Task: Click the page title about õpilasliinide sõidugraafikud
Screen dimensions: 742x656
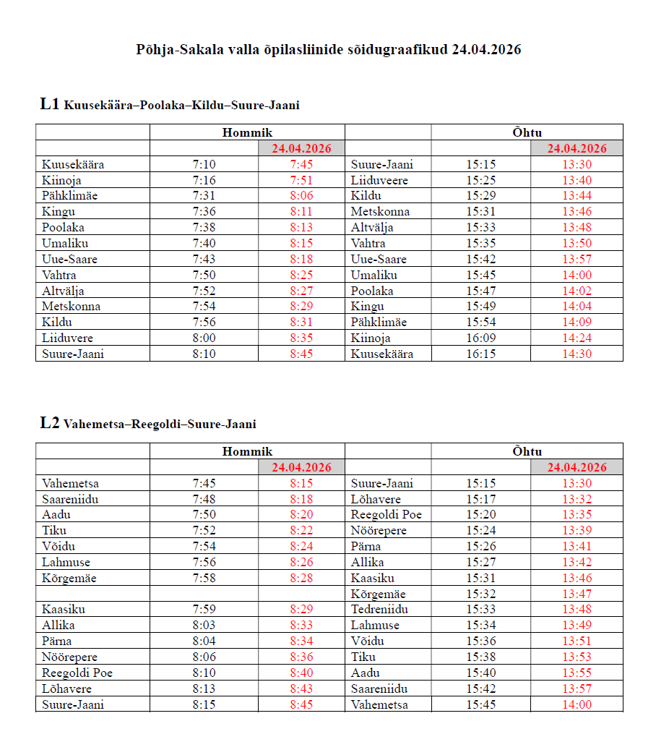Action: [x=328, y=49]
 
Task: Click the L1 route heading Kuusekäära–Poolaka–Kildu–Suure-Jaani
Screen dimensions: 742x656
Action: [x=170, y=105]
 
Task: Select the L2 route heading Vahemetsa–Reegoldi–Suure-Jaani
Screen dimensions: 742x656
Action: [x=148, y=424]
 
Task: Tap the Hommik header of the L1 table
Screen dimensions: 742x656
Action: [x=247, y=132]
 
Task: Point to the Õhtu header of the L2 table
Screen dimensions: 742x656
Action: [x=527, y=451]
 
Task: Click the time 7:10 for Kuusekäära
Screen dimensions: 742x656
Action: [x=204, y=164]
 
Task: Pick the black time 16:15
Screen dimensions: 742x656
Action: [x=480, y=354]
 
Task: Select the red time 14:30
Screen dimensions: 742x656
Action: [x=577, y=354]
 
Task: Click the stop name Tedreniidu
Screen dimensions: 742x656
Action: [x=379, y=610]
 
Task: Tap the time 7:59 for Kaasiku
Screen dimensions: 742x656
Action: [x=204, y=610]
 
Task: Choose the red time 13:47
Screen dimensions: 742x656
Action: [x=577, y=594]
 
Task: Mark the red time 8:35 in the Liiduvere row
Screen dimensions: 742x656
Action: [x=301, y=338]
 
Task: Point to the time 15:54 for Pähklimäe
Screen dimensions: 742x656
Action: [x=480, y=322]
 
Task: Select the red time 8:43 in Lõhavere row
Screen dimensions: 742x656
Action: [x=301, y=688]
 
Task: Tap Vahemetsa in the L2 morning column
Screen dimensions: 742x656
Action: [x=70, y=483]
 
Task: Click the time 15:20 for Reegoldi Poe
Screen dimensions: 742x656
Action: [x=480, y=515]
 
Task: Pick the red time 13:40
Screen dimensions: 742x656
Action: [x=577, y=180]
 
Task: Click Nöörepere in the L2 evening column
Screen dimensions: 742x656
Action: [x=379, y=531]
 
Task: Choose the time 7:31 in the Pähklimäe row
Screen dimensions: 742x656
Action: [x=204, y=196]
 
